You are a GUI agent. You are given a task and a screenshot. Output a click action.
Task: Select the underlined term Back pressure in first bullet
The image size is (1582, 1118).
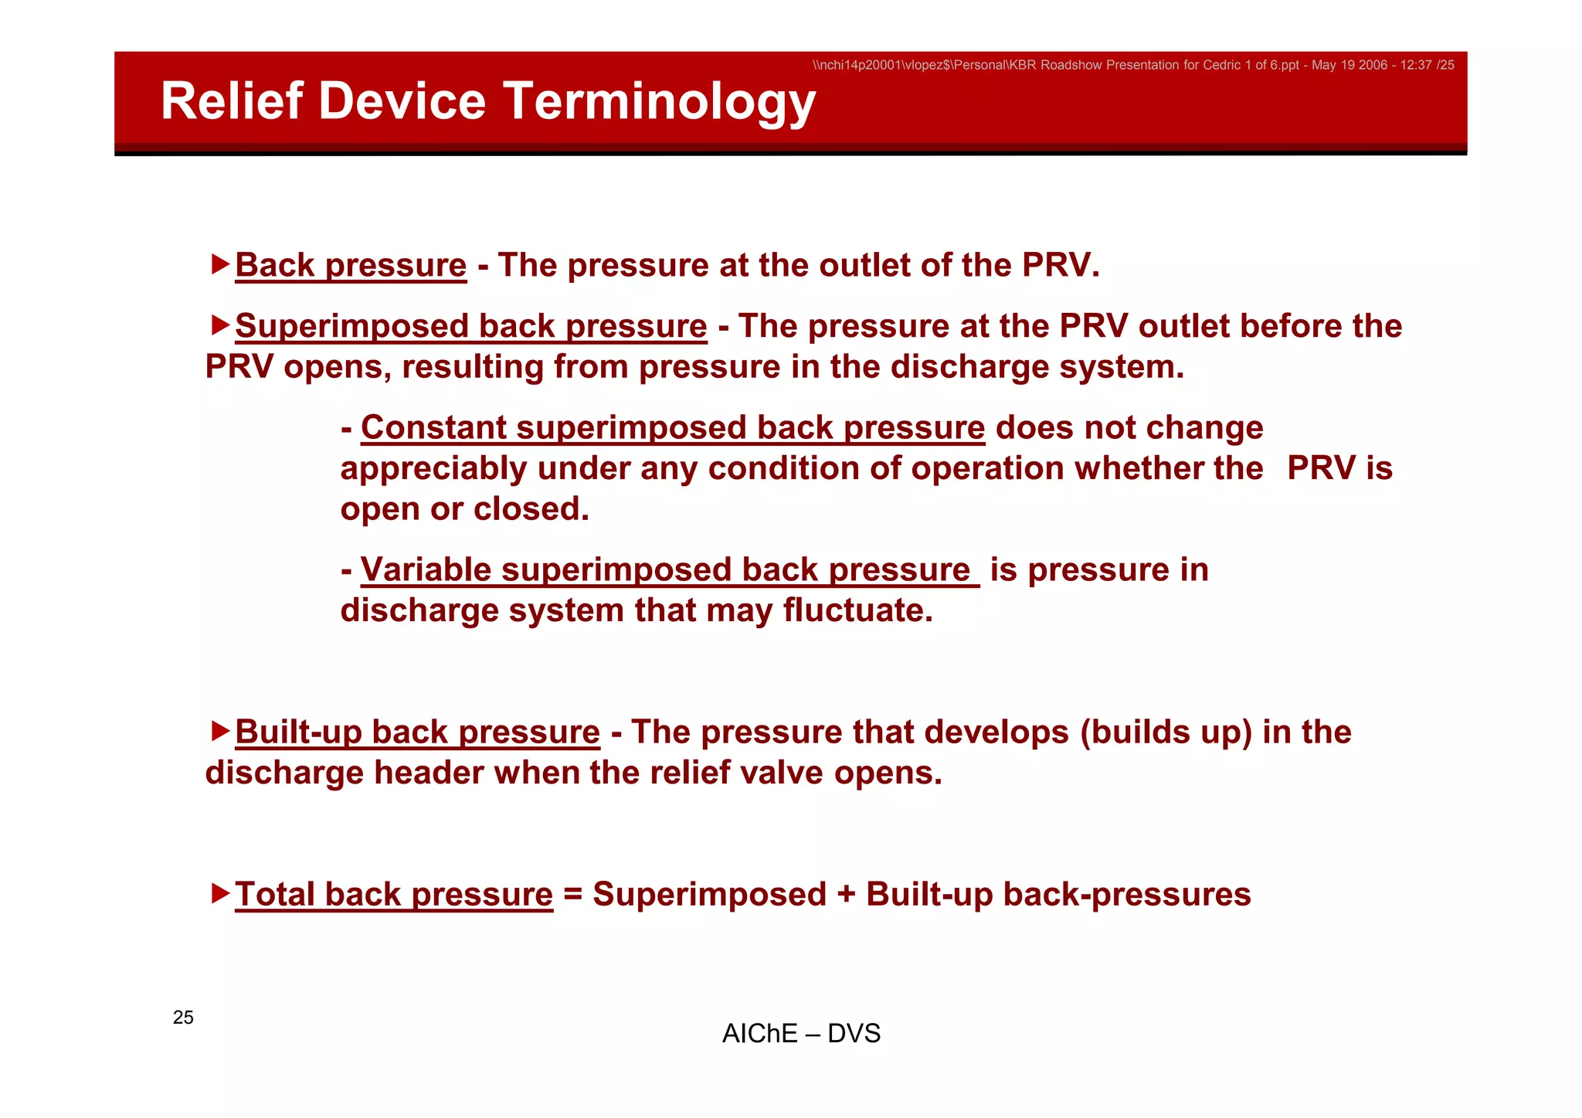[x=351, y=266]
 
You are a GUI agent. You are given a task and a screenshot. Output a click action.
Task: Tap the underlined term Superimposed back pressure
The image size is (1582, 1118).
[x=470, y=326]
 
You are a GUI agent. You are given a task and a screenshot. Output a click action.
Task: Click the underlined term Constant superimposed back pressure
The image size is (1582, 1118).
[x=672, y=428]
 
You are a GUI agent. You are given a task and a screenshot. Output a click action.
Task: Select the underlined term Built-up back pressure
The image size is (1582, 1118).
[x=417, y=732]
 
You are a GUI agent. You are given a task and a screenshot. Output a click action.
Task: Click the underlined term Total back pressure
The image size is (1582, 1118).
[x=394, y=895]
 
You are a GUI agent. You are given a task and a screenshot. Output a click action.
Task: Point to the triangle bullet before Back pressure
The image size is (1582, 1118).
[x=220, y=264]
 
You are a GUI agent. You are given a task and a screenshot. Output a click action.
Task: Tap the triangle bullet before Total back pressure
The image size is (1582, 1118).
[x=220, y=893]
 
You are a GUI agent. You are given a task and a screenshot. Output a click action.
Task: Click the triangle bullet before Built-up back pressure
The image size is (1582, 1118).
[x=220, y=730]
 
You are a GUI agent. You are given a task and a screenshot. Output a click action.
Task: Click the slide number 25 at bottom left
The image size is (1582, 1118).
[x=183, y=1018]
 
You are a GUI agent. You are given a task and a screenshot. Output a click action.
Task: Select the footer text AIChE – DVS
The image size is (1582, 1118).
[x=801, y=1034]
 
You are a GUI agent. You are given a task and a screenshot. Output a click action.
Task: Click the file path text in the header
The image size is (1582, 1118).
[x=1132, y=66]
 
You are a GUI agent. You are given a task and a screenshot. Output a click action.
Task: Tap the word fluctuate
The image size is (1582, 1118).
[x=857, y=611]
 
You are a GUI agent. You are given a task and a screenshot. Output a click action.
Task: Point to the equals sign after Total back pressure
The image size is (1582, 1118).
[x=572, y=895]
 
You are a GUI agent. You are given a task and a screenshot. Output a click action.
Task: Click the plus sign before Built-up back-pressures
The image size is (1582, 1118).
[x=846, y=895]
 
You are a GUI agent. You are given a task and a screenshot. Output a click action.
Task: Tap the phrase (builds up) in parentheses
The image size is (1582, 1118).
[x=1166, y=732]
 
